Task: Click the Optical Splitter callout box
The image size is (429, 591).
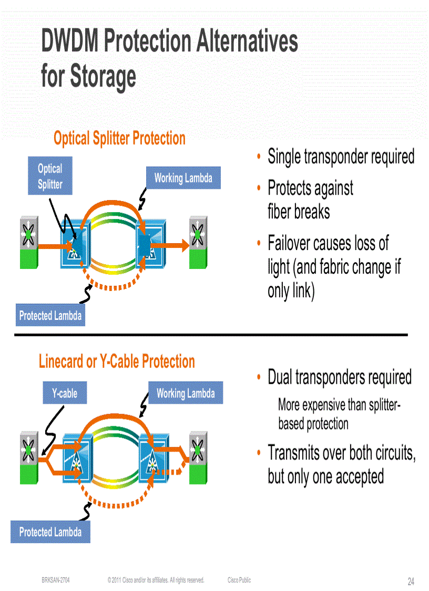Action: point(50,176)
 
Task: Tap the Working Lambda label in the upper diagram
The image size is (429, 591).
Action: point(183,178)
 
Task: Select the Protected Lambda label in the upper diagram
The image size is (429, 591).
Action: point(50,316)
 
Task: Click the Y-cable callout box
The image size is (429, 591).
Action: point(64,393)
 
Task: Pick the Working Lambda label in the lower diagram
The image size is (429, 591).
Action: point(185,393)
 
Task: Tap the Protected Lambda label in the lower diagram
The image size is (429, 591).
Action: point(50,532)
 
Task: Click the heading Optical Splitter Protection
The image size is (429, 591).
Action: point(119,138)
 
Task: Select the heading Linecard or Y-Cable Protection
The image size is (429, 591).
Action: point(117,362)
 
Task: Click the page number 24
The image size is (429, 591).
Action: point(411,582)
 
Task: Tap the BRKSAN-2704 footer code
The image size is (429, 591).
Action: point(55,580)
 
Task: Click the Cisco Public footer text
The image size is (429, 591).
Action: point(239,580)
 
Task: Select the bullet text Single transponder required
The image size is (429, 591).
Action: point(341,157)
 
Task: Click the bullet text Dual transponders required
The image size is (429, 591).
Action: point(340,377)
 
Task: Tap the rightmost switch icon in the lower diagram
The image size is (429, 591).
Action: point(198,457)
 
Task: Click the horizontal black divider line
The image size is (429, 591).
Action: point(210,335)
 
